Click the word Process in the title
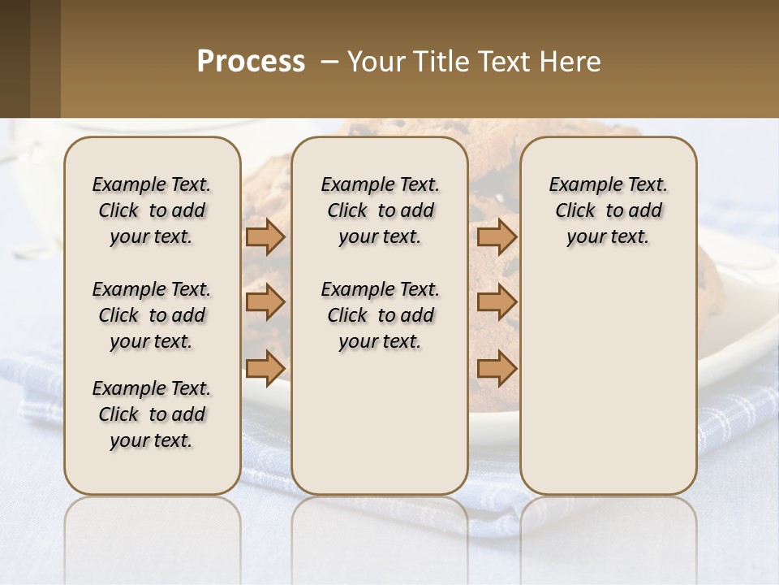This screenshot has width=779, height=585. pyautogui.click(x=251, y=62)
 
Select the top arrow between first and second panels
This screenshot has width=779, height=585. pyautogui.click(x=265, y=237)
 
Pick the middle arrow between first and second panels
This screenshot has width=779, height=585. pyautogui.click(x=265, y=302)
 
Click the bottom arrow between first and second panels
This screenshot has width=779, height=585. pyautogui.click(x=265, y=368)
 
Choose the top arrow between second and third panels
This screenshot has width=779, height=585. pyautogui.click(x=497, y=237)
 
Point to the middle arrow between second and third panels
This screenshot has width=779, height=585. pyautogui.click(x=497, y=302)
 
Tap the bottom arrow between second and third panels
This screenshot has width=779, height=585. pyautogui.click(x=497, y=368)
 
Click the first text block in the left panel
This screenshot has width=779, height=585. pyautogui.click(x=152, y=210)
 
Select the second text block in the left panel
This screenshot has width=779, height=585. pyautogui.click(x=152, y=315)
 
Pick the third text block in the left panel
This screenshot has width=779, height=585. pyautogui.click(x=152, y=414)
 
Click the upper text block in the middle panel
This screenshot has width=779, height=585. pyautogui.click(x=380, y=210)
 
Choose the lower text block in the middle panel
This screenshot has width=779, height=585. pyautogui.click(x=380, y=315)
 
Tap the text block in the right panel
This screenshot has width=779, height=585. pyautogui.click(x=609, y=210)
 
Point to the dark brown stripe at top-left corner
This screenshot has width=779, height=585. pyautogui.click(x=15, y=58)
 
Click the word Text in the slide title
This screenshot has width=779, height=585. pyautogui.click(x=503, y=62)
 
